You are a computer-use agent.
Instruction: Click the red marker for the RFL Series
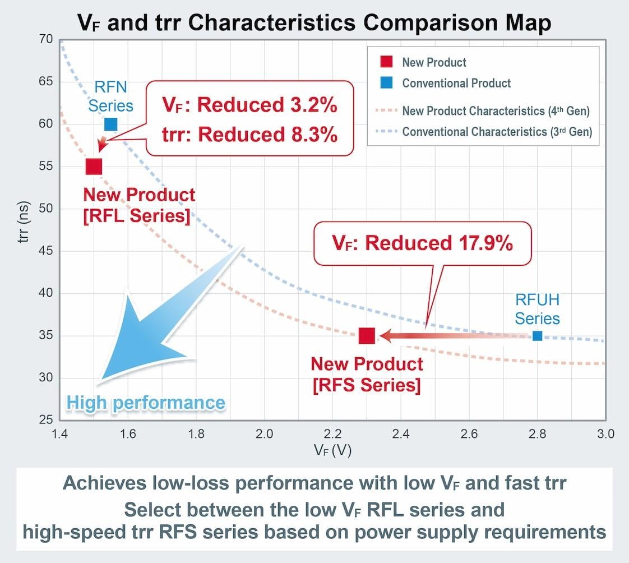coord(94,167)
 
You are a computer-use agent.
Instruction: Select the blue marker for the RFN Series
coord(111,124)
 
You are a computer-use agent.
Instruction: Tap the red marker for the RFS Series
coord(367,336)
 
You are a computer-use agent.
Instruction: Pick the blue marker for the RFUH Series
coord(537,336)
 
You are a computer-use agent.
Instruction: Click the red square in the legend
coord(386,62)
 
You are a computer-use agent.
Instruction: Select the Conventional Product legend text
coord(456,84)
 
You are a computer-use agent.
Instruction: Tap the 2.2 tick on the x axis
coord(332,434)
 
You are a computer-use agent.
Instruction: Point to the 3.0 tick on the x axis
coord(605,434)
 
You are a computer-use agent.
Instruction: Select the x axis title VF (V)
coord(332,450)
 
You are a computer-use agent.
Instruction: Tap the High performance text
coord(146,403)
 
